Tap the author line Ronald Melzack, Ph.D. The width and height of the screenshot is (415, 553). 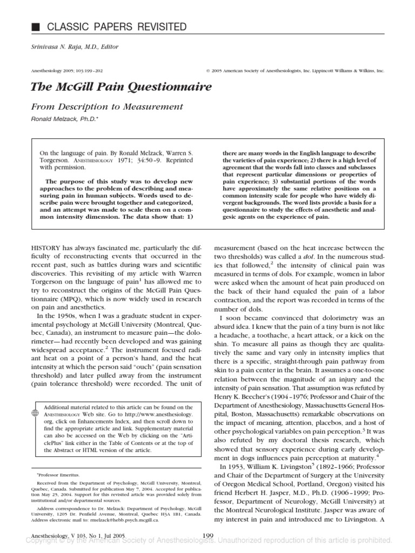coord(64,120)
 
